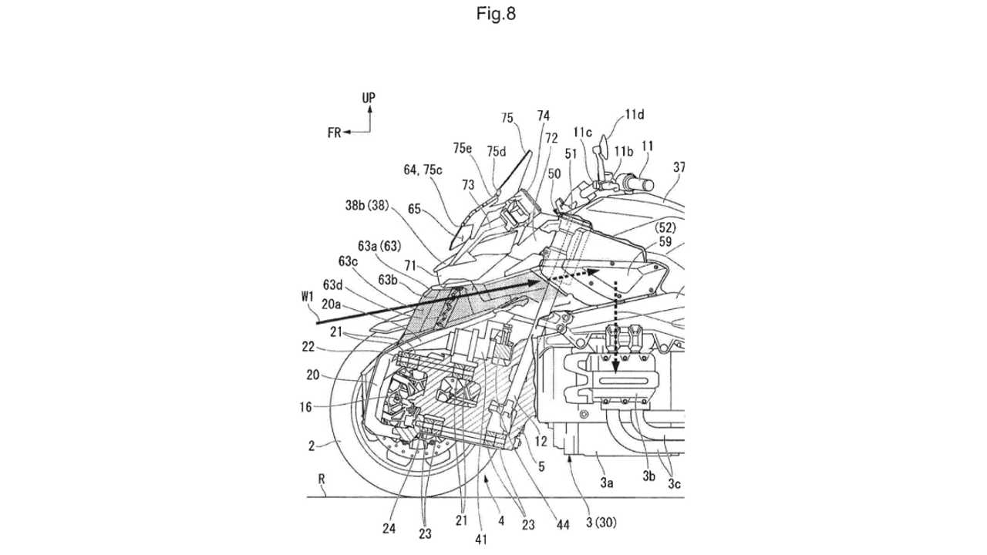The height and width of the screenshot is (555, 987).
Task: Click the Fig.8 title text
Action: coord(496,14)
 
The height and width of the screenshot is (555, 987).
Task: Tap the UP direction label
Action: coord(369,98)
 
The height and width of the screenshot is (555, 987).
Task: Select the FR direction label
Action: coord(335,133)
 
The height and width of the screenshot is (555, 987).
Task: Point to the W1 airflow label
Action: coord(307,297)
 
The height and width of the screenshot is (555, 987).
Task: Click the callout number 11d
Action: coord(635,115)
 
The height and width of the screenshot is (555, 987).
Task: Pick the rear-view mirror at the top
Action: coord(603,147)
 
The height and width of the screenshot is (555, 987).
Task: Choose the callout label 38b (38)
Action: coord(368,205)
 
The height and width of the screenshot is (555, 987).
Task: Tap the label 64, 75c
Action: coord(423,170)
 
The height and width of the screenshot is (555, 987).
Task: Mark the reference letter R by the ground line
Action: coord(322,479)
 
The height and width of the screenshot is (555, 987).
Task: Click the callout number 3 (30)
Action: coord(601,523)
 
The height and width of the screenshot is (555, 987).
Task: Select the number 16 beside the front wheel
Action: coord(306,407)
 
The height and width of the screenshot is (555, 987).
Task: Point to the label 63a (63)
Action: coord(379,246)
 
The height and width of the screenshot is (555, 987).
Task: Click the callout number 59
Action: coord(665,241)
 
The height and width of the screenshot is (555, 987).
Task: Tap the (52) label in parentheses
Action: coord(665,227)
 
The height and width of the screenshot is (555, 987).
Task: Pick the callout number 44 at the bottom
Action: coord(563,525)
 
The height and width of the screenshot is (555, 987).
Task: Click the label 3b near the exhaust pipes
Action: coord(648,476)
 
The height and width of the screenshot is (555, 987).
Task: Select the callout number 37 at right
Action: coord(679,167)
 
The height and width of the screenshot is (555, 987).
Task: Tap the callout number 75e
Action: coord(462,149)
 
